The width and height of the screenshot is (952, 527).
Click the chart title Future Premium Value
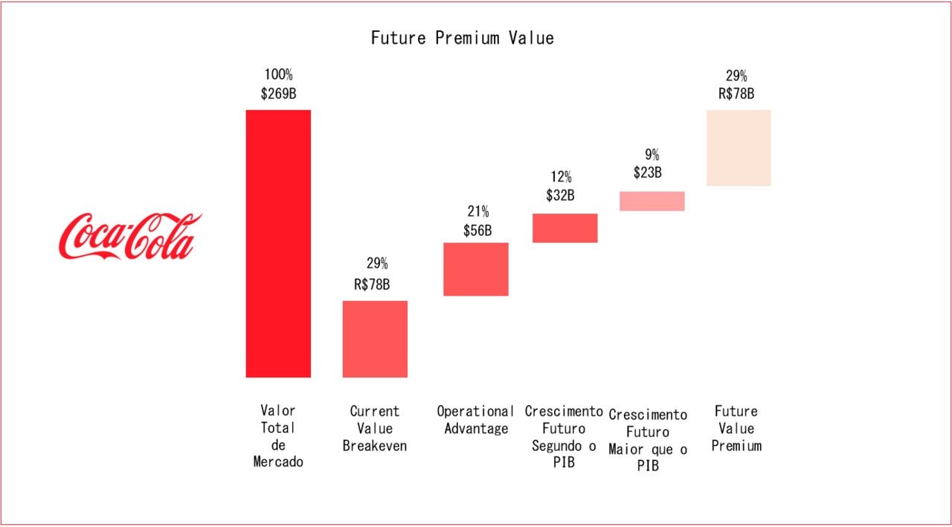(462, 38)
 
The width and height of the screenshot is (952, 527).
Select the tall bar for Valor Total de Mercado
(278, 243)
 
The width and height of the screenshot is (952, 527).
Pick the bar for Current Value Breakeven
(375, 339)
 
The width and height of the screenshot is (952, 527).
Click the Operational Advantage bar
(476, 269)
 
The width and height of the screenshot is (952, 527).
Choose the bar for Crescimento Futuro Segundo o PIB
(565, 228)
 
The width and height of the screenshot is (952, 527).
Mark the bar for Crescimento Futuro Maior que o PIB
(652, 201)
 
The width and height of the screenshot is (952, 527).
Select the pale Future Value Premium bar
(739, 147)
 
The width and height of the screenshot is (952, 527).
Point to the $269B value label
(278, 94)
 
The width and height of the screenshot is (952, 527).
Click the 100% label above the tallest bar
(278, 75)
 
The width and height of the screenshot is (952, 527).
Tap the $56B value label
(477, 231)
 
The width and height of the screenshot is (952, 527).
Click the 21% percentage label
(477, 212)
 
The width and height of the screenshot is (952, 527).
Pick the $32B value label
(562, 196)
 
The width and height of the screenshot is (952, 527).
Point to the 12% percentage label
(562, 177)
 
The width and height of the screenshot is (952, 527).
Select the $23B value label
(648, 173)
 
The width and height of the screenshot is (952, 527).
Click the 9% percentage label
(652, 155)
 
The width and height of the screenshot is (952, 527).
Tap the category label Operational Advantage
(476, 420)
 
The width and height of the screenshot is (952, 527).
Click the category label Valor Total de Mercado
(278, 436)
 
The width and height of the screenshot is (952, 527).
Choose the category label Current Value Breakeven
(375, 429)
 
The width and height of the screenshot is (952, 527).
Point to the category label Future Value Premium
(736, 429)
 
